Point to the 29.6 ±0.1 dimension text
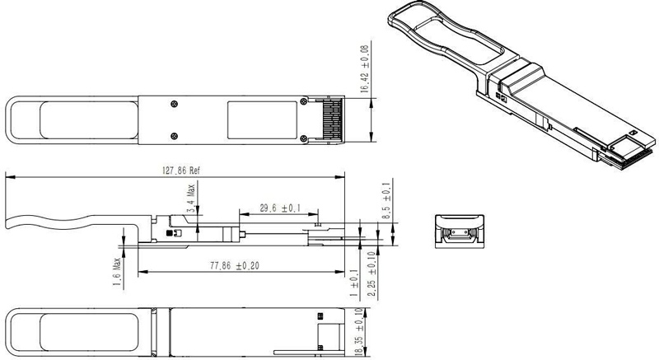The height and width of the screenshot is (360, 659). click(x=279, y=207)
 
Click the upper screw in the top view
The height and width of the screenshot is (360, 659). click(x=173, y=103)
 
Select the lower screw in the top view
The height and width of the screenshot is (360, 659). click(x=173, y=135)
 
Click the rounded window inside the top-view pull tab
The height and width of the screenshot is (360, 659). click(x=86, y=119)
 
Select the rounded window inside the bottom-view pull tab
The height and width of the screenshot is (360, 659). click(x=86, y=330)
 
